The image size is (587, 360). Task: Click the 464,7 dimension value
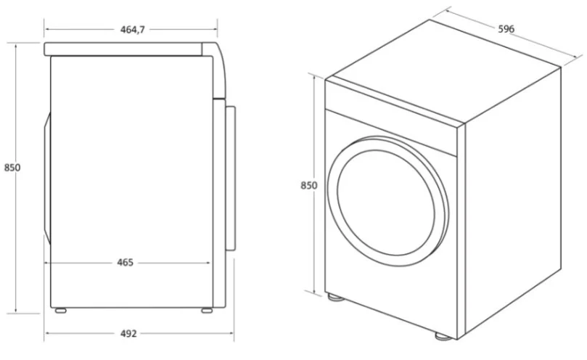[133, 30]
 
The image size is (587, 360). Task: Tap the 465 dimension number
[125, 263]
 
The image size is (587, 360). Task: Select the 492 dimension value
[128, 333]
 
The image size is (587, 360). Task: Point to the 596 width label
[506, 29]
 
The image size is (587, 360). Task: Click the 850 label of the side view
[12, 168]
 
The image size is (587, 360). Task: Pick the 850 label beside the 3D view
[309, 185]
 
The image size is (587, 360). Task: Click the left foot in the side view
[60, 311]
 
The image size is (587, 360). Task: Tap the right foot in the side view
[207, 311]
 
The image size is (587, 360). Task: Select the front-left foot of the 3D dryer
[335, 298]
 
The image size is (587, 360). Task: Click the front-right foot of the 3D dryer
[443, 336]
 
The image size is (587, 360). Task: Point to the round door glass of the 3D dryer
[386, 202]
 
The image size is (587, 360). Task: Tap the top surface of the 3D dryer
[446, 70]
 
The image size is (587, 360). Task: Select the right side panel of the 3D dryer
[513, 202]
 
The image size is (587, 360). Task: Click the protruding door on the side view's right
[230, 179]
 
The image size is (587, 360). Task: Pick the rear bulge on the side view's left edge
[47, 179]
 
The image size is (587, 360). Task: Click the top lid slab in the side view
[123, 49]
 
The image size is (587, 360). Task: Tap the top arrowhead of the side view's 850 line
[16, 45]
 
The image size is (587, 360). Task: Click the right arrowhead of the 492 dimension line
[231, 333]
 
